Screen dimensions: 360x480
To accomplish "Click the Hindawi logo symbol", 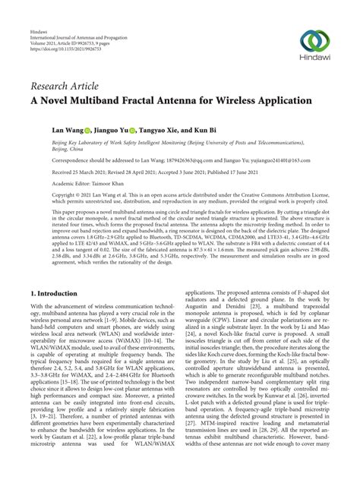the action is pyautogui.click(x=314, y=41).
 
